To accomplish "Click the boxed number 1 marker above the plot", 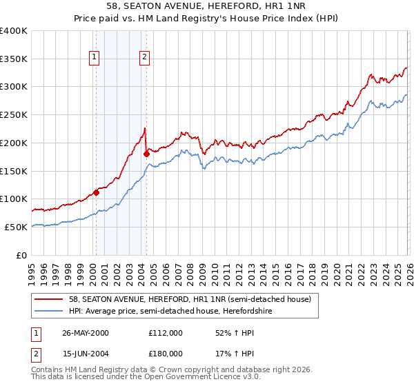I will pos(94,58).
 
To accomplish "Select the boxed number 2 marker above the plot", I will pos(145,58).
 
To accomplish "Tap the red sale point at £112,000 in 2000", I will pos(97,192).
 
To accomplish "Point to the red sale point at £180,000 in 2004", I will pos(146,154).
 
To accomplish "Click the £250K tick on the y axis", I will pos(14,115).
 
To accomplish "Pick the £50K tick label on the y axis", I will pos(17,227).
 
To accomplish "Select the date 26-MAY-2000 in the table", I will pos(86,332).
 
